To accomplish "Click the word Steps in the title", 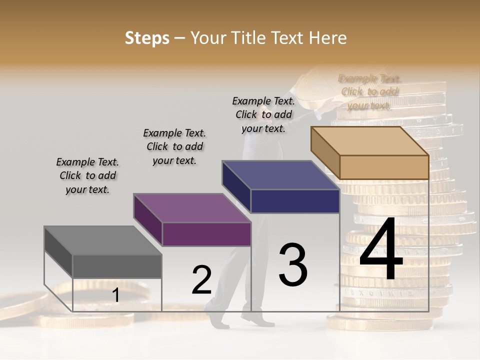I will click(147, 38).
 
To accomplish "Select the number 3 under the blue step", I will click(293, 264).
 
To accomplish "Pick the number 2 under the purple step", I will click(202, 280).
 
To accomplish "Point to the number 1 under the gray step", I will click(115, 295).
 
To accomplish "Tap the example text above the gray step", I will click(87, 176).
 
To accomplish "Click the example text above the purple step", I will click(174, 146).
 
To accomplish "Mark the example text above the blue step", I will click(263, 114).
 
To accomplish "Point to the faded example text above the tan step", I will click(369, 92).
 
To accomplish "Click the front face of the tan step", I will click(384, 167).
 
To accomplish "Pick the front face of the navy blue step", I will click(295, 201).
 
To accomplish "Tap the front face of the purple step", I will click(206, 234).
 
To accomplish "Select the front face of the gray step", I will click(117, 266).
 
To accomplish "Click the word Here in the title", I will click(328, 38).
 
